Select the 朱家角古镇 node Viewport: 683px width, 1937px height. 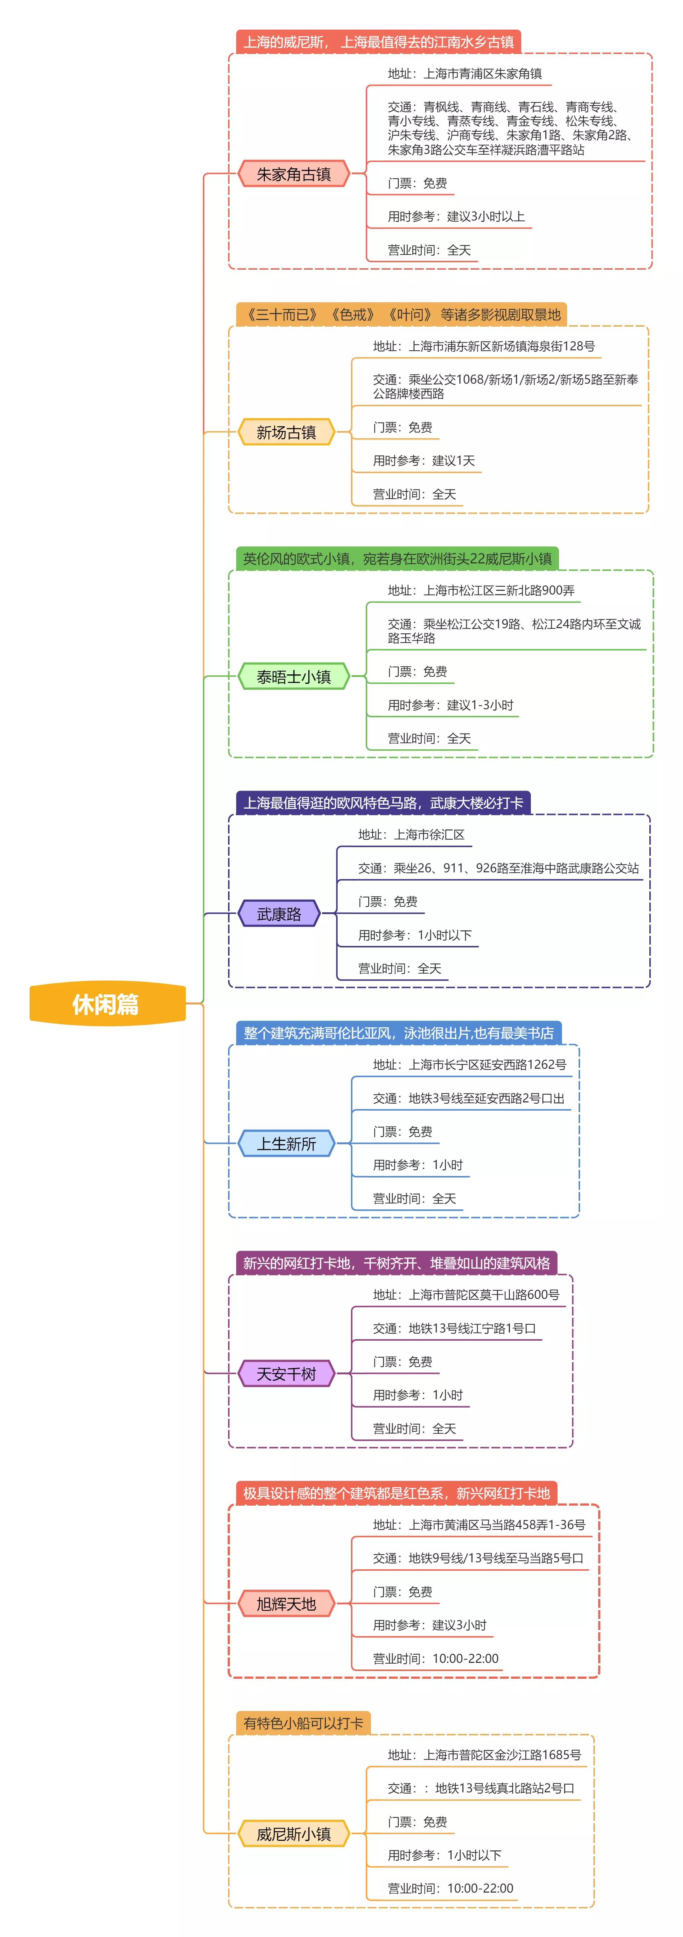[x=293, y=174]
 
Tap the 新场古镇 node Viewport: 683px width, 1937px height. [x=286, y=432]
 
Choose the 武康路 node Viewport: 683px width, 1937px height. [x=278, y=914]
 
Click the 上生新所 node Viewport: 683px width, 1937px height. [x=286, y=1144]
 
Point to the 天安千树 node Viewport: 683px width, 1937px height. [x=286, y=1374]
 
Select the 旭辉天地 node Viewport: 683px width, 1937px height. [x=286, y=1604]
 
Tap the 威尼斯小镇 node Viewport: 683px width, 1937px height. [x=293, y=1834]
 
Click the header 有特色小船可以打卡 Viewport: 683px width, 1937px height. [x=303, y=1723]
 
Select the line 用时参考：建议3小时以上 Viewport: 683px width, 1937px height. [x=456, y=216]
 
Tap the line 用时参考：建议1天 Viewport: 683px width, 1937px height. [x=423, y=461]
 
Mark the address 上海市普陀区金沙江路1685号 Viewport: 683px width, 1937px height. [x=484, y=1755]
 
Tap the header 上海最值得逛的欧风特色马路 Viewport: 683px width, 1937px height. [x=383, y=803]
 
